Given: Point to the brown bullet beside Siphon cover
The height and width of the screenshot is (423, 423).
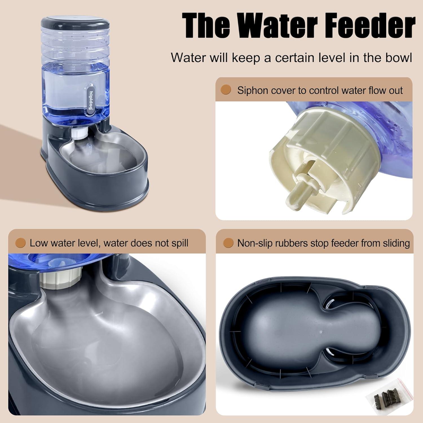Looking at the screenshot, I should (226, 90).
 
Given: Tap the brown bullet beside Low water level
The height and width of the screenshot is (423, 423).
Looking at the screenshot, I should (21, 243).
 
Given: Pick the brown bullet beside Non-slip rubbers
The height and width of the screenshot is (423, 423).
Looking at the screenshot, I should (228, 243).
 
